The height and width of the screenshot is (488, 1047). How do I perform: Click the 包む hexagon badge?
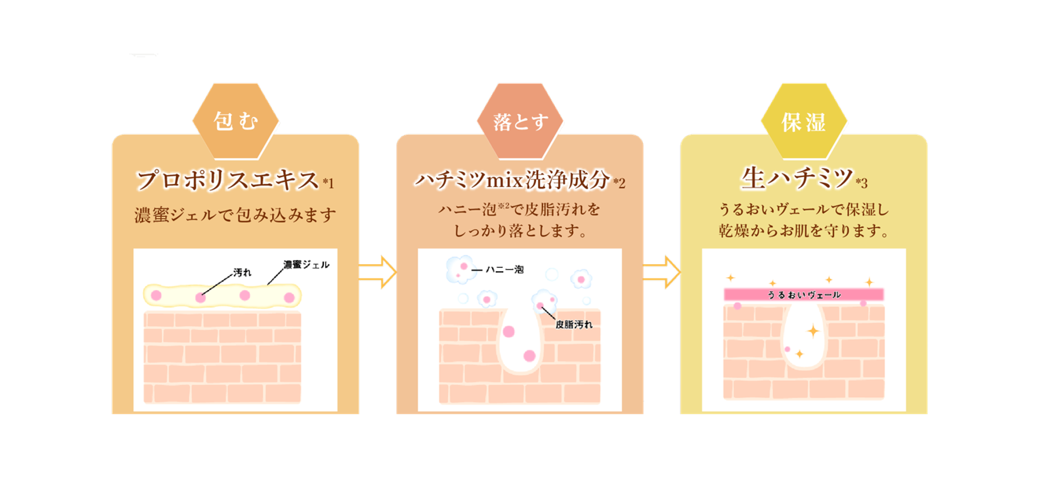pyautogui.click(x=236, y=121)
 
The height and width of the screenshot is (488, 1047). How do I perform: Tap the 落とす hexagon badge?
pyautogui.click(x=520, y=121)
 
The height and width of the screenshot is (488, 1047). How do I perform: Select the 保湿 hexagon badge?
pyautogui.click(x=804, y=121)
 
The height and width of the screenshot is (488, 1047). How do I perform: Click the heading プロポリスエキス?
pyautogui.click(x=228, y=179)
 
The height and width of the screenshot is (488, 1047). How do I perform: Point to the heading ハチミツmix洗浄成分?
pyautogui.click(x=512, y=180)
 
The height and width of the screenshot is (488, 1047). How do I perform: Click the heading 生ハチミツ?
pyautogui.click(x=797, y=178)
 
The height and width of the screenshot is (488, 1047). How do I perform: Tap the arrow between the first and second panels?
pyautogui.click(x=378, y=272)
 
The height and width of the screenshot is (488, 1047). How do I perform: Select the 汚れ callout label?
pyautogui.click(x=242, y=272)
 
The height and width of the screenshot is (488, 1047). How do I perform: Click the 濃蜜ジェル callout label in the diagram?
pyautogui.click(x=306, y=265)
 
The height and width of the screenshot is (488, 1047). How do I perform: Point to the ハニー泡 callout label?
pyautogui.click(x=504, y=269)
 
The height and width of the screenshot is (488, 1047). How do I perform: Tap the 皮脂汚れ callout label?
pyautogui.click(x=574, y=325)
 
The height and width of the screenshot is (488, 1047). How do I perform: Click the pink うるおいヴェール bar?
pyautogui.click(x=804, y=295)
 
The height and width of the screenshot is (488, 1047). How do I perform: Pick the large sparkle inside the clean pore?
pyautogui.click(x=813, y=332)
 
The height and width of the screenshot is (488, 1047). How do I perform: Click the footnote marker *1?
pyautogui.click(x=328, y=183)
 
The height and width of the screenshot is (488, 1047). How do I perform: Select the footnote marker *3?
pyautogui.click(x=861, y=183)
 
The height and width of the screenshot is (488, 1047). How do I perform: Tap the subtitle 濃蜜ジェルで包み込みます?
pyautogui.click(x=235, y=215)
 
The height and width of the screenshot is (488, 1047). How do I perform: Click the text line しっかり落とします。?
pyautogui.click(x=520, y=231)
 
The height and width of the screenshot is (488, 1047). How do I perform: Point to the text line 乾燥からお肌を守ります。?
pyautogui.click(x=804, y=231)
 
